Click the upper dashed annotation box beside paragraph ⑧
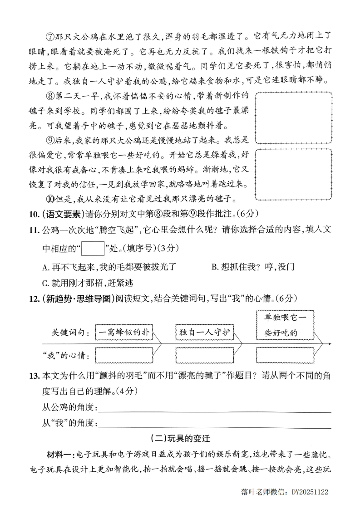point(293,117)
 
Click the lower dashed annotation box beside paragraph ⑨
point(293,174)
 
